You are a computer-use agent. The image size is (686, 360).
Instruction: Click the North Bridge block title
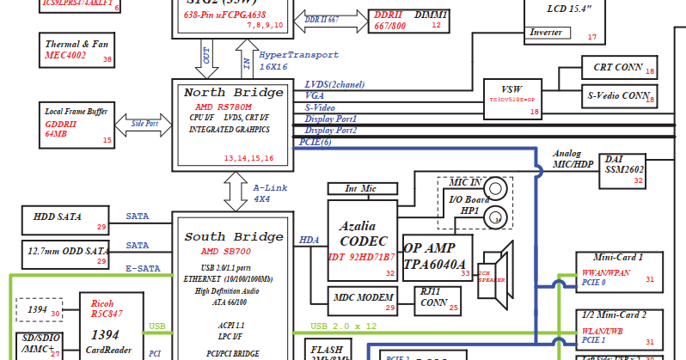tap(235, 93)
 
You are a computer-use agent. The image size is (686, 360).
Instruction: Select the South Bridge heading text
tap(235, 236)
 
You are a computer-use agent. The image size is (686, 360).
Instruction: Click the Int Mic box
tap(362, 187)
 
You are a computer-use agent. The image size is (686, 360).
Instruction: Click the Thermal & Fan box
tap(77, 50)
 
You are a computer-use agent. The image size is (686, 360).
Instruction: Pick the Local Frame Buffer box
tap(77, 123)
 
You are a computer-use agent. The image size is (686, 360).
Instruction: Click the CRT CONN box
tap(618, 68)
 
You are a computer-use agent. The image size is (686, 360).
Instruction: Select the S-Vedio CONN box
tap(617, 96)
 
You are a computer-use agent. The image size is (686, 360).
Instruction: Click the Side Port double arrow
tap(144, 123)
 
